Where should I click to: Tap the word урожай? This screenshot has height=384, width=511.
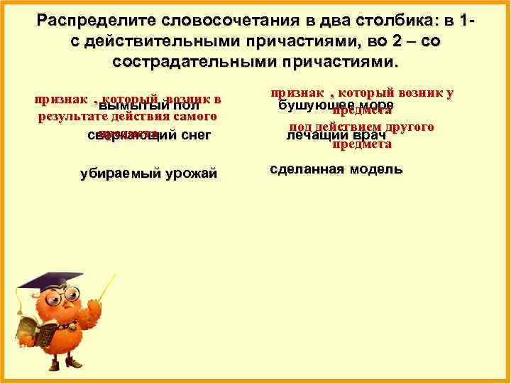(190, 174)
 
